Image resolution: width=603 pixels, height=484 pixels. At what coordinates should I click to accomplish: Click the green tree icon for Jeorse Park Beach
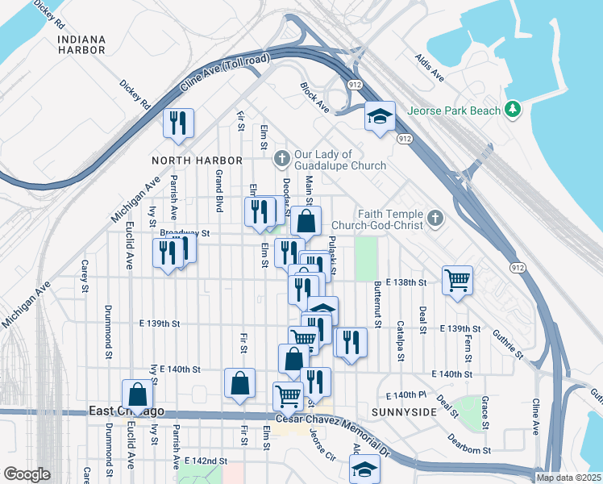[511, 110]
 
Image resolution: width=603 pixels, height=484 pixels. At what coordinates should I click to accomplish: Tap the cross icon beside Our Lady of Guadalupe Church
[281, 156]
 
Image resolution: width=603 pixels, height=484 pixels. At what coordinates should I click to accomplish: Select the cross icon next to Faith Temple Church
[435, 217]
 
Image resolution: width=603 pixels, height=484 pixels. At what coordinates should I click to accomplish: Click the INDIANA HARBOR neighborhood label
[81, 44]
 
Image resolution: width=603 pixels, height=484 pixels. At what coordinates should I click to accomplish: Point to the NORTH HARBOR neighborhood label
[185, 161]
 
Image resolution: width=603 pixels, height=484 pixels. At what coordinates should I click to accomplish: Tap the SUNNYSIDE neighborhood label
[404, 411]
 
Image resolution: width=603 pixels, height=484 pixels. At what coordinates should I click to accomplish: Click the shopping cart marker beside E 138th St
[457, 280]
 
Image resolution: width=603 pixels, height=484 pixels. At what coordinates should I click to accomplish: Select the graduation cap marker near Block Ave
[379, 116]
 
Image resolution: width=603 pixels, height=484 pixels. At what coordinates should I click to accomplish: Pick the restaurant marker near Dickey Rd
[177, 122]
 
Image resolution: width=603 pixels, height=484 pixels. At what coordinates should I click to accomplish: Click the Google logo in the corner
[27, 474]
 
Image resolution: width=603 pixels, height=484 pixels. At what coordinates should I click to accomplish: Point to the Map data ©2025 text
[568, 478]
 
